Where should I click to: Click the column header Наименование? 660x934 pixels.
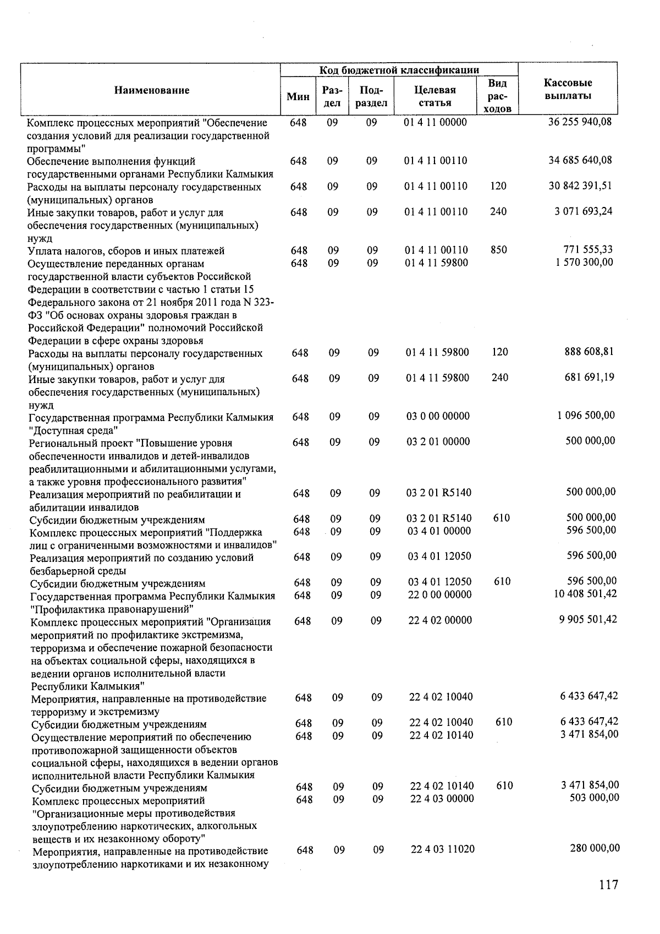tap(151, 90)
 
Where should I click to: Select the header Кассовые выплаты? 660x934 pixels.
tap(568, 90)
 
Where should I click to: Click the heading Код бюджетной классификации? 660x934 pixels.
tap(399, 70)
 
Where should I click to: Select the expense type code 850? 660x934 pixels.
tap(498, 250)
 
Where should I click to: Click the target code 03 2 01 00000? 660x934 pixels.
tap(438, 441)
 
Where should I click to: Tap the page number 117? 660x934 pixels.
tap(608, 885)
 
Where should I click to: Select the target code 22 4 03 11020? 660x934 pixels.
tap(443, 849)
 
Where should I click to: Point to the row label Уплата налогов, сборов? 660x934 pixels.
tap(126, 251)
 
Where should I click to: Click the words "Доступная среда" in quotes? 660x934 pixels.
tap(74, 430)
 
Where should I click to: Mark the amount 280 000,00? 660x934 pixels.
tap(595, 849)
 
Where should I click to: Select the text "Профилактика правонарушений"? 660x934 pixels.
tap(111, 609)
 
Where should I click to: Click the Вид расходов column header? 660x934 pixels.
tap(498, 96)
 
